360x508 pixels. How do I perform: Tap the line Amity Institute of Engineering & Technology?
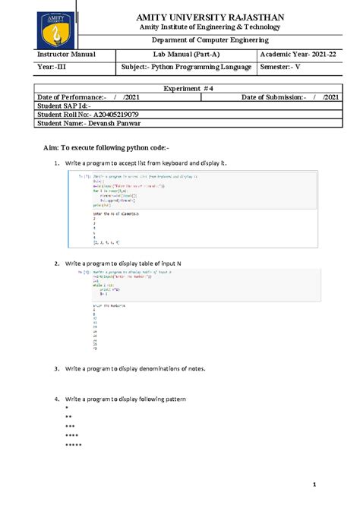207,27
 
